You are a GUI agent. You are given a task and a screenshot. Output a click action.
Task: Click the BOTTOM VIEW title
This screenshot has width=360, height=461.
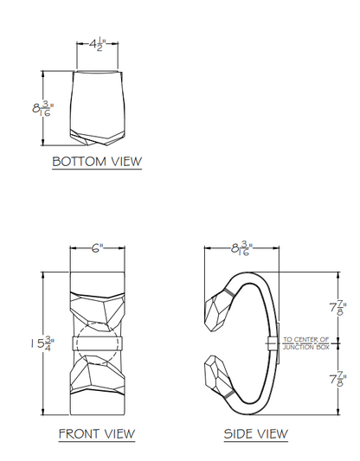pyautogui.click(x=97, y=162)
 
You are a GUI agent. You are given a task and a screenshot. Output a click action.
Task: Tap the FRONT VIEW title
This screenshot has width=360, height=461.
pyautogui.click(x=97, y=433)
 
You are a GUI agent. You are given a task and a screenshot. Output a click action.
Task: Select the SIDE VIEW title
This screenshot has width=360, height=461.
pyautogui.click(x=256, y=433)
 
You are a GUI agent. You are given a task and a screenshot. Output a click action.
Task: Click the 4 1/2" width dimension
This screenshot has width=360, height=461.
pyautogui.click(x=97, y=45)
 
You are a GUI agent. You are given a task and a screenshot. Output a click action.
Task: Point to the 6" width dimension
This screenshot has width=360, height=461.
pyautogui.click(x=97, y=248)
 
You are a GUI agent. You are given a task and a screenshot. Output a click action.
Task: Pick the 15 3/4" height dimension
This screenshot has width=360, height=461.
pyautogui.click(x=42, y=343)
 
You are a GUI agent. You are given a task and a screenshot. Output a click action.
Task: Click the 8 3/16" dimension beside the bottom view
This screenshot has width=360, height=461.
pyautogui.click(x=43, y=108)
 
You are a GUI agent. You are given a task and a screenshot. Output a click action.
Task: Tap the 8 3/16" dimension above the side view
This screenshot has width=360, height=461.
pyautogui.click(x=241, y=249)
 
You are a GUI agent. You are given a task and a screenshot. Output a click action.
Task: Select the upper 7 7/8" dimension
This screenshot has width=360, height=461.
pyautogui.click(x=338, y=308)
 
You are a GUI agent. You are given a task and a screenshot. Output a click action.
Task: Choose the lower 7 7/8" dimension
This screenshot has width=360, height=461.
pyautogui.click(x=338, y=380)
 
